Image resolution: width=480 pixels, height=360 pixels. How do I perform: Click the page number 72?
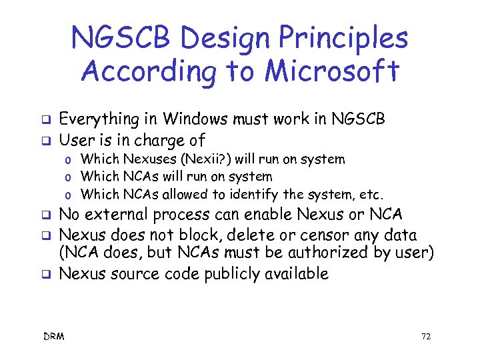coord(426,337)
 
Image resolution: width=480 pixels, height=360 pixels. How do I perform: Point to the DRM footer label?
coord(55,337)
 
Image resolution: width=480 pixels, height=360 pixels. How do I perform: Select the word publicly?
coord(221,273)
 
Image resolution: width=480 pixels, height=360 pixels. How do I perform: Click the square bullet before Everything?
coord(47,121)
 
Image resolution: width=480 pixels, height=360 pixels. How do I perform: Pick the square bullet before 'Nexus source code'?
coord(47,273)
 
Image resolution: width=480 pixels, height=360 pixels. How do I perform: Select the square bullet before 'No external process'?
coord(47,216)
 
